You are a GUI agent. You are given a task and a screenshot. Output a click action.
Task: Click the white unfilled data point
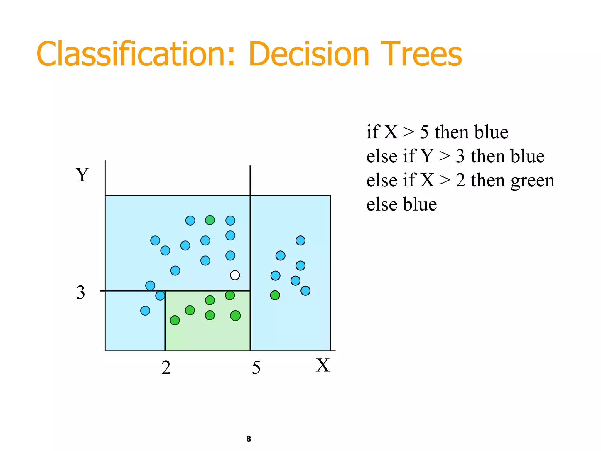[235, 275]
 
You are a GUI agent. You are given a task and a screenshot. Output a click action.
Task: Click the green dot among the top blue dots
[210, 220]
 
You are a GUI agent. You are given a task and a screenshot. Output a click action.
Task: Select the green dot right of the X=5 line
[275, 295]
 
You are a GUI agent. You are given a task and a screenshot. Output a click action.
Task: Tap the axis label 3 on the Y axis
[81, 292]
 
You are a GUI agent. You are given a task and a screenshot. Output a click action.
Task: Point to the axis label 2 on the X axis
[166, 368]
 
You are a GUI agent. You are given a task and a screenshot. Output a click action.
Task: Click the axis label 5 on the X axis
[256, 368]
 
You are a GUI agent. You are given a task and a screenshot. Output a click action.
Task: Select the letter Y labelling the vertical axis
[82, 175]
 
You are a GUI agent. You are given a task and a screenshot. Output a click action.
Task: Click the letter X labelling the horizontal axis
[323, 366]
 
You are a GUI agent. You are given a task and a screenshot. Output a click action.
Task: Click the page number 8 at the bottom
[249, 439]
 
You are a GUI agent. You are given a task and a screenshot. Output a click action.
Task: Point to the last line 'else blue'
[401, 204]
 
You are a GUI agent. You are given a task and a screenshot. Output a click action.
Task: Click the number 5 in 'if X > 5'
[424, 132]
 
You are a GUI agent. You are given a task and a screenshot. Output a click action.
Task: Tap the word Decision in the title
[309, 55]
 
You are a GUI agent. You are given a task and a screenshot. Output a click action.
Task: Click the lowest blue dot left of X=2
[145, 311]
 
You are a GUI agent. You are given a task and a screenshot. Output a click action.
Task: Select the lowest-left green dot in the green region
[175, 320]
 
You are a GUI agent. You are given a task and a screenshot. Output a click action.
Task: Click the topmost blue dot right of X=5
[300, 240]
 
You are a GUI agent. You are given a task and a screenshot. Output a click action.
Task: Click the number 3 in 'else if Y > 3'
[460, 156]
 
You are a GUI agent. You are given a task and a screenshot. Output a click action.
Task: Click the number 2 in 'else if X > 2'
[460, 180]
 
